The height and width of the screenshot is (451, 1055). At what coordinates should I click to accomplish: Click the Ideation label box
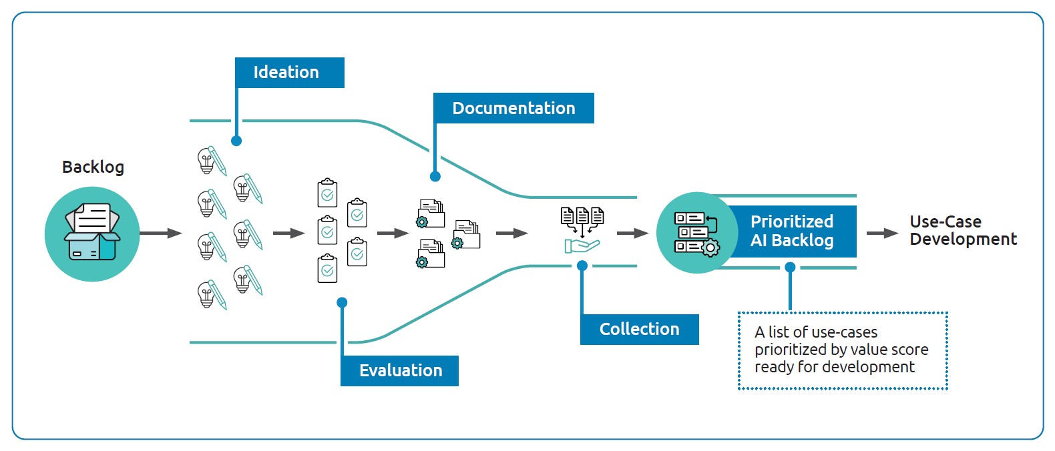(x=289, y=72)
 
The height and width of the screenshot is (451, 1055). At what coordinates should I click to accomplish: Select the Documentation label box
(x=513, y=108)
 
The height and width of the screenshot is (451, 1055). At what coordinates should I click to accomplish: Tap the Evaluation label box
(x=399, y=370)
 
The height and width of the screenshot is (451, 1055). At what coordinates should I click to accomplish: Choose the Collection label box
(x=639, y=329)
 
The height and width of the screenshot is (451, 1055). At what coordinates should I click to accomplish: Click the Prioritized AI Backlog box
(x=792, y=231)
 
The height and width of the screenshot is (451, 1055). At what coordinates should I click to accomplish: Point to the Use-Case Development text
(x=962, y=230)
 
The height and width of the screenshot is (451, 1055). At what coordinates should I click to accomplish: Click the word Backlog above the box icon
(x=93, y=167)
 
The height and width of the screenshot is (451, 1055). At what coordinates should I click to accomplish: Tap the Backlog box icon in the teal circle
(x=92, y=233)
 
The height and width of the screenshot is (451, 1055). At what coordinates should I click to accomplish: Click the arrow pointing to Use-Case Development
(x=882, y=233)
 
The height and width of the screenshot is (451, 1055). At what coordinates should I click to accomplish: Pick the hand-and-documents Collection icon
(x=582, y=230)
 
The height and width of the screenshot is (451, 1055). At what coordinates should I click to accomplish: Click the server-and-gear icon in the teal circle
(x=696, y=233)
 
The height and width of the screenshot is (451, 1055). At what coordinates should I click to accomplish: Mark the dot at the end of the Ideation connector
(x=236, y=141)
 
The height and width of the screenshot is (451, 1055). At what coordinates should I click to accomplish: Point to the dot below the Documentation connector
(x=435, y=177)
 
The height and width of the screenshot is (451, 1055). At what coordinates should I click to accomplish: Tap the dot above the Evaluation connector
(x=342, y=303)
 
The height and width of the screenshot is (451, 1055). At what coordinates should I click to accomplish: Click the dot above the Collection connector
(x=582, y=266)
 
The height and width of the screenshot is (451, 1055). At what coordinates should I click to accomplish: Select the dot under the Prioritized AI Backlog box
(x=790, y=268)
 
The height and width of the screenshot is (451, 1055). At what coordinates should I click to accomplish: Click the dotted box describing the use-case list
(x=842, y=350)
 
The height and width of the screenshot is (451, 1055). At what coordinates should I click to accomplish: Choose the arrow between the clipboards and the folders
(x=393, y=233)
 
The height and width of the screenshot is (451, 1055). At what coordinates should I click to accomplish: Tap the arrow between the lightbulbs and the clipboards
(x=288, y=233)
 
